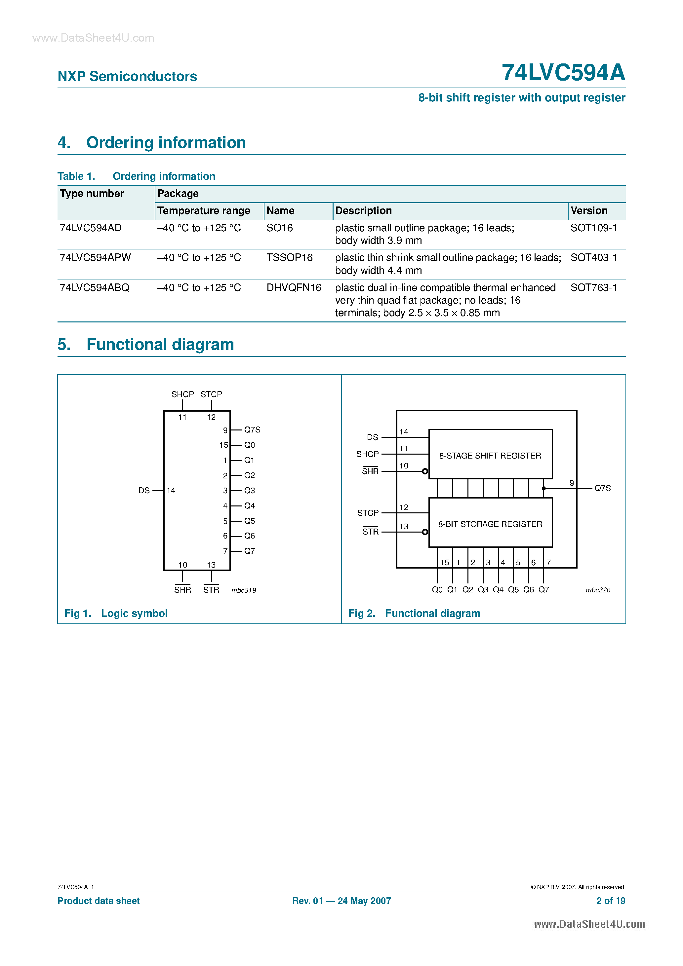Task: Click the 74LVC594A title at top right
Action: [563, 73]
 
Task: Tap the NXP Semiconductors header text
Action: [127, 77]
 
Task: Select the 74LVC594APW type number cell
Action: [96, 257]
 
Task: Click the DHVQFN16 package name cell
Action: [294, 288]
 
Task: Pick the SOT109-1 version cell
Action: [593, 228]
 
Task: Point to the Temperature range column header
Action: [204, 211]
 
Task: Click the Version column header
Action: [589, 211]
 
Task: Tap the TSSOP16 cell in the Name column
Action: [289, 257]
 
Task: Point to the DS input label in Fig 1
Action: [144, 491]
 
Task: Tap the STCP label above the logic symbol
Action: [211, 394]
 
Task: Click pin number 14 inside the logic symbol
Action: [171, 491]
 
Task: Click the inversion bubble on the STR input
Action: [425, 532]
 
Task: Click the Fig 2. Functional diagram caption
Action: [414, 613]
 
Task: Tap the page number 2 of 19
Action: [611, 901]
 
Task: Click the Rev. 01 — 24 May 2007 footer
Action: [341, 901]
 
